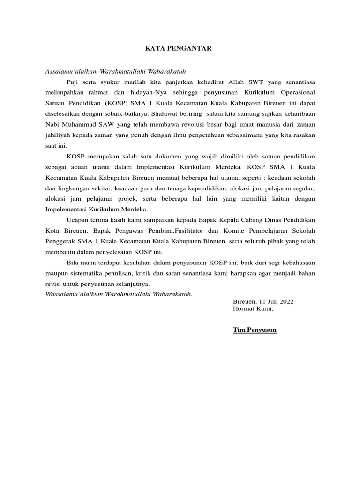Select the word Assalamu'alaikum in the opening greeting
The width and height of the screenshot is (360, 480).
click(x=70, y=71)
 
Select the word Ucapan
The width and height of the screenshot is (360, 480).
click(x=78, y=220)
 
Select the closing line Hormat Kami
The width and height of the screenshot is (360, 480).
click(x=253, y=308)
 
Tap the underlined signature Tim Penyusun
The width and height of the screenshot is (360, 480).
click(x=255, y=330)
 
